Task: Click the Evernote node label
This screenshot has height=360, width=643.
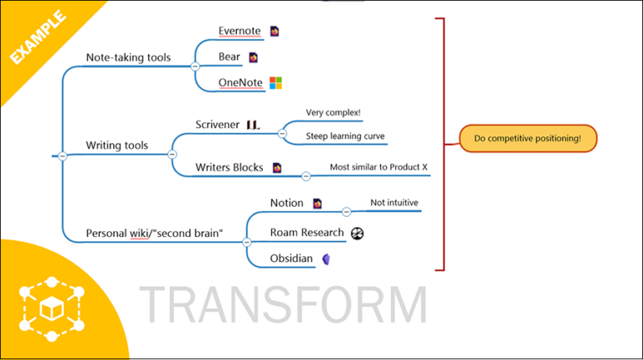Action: click(239, 32)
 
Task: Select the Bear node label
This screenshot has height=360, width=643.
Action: click(230, 58)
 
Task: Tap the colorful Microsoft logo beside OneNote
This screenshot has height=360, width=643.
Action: click(275, 83)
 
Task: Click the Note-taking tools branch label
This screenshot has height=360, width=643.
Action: click(128, 58)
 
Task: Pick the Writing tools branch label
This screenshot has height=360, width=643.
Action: click(116, 146)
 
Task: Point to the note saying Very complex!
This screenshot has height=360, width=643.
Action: click(333, 112)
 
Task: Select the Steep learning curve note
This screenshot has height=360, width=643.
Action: click(345, 136)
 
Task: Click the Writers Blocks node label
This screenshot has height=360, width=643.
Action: click(229, 167)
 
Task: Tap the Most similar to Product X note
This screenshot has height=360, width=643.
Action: click(378, 167)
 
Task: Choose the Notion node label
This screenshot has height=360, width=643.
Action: click(287, 203)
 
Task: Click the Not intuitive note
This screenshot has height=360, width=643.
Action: click(394, 203)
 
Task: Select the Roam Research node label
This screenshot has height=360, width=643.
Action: click(306, 233)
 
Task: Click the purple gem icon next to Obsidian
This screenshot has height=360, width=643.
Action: click(328, 259)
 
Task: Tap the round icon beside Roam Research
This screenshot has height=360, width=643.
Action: click(358, 234)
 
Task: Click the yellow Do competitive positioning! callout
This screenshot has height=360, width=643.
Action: click(527, 138)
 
